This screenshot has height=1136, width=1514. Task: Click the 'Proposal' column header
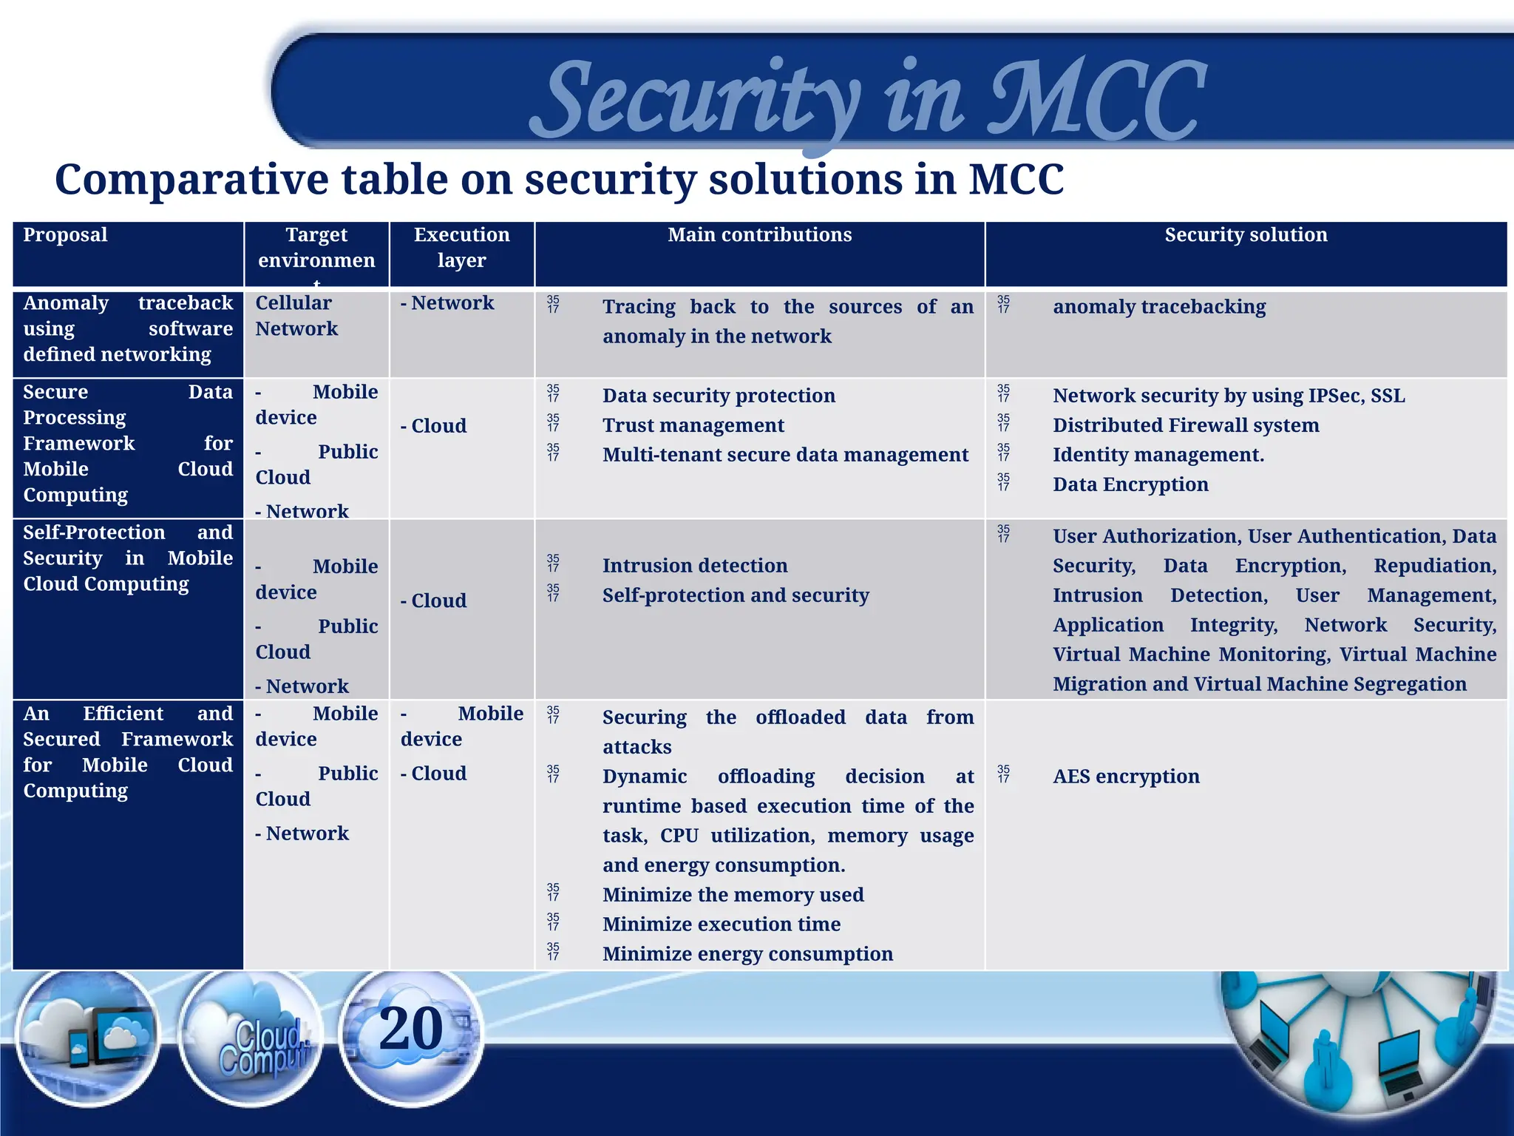[65, 235]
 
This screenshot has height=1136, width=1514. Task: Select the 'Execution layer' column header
[461, 247]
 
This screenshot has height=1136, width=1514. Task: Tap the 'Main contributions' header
[759, 235]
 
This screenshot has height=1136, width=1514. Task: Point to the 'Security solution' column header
[1246, 235]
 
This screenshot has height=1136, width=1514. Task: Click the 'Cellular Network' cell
[296, 316]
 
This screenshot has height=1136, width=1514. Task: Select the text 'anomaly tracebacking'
[1158, 307]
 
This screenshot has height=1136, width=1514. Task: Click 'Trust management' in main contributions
[693, 425]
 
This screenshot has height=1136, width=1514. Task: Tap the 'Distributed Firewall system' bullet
[1185, 425]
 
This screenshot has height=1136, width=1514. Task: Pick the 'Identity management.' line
[1158, 455]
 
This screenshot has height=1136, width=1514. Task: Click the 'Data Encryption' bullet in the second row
[1130, 484]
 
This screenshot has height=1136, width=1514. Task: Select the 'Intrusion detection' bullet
[694, 566]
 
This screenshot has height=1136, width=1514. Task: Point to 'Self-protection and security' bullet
[735, 595]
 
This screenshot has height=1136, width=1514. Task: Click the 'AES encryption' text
[1126, 777]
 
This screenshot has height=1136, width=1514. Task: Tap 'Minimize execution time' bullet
[721, 924]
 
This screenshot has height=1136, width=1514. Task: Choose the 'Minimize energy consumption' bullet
[747, 954]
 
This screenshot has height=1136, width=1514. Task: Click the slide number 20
[411, 1029]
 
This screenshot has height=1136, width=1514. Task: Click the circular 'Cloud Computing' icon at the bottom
[251, 1039]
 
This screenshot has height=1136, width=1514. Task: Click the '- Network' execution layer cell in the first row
[447, 303]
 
